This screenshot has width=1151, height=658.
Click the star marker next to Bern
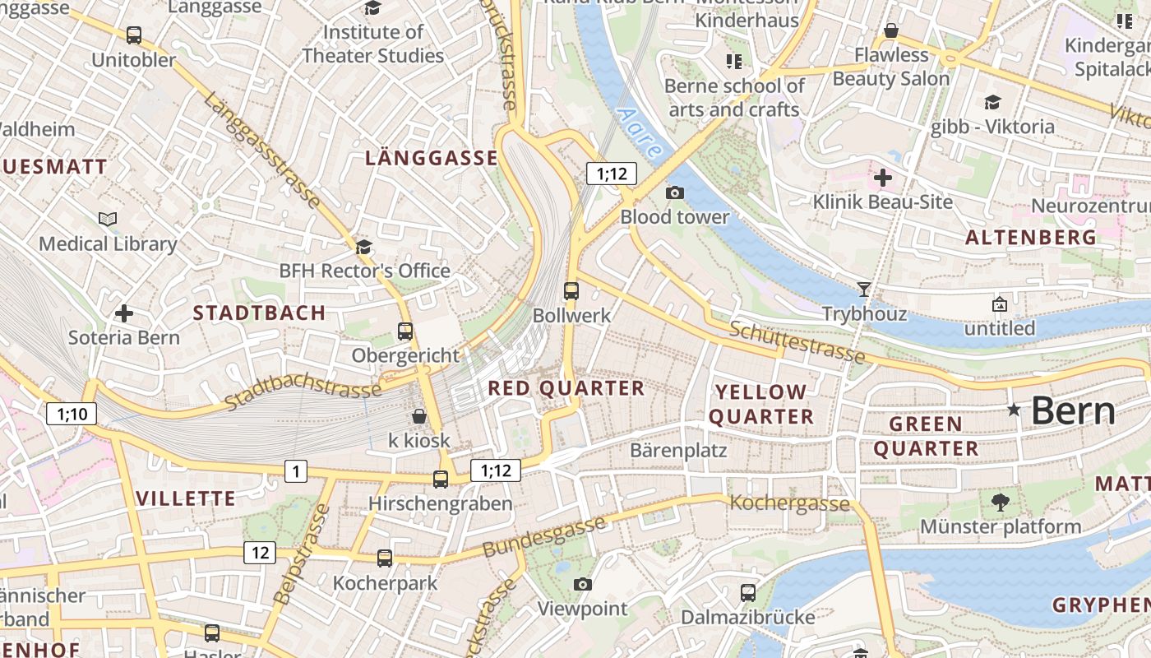[x=1015, y=410]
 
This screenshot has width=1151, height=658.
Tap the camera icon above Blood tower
[x=674, y=192]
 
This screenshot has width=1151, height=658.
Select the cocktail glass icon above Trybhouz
[x=863, y=289]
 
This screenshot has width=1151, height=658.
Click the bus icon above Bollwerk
[x=571, y=290]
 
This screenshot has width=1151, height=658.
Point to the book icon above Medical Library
[x=108, y=219]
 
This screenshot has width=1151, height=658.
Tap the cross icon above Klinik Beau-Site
[x=883, y=177]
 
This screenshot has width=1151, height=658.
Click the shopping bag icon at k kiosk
[x=418, y=415]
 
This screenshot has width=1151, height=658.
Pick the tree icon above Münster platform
[x=1000, y=502]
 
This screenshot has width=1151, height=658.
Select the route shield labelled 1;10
[x=72, y=414]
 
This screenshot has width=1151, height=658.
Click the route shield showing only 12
[x=260, y=553]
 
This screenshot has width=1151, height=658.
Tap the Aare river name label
[x=639, y=133]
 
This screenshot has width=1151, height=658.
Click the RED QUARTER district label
[x=566, y=388]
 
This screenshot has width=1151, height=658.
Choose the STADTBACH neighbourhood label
[x=259, y=313]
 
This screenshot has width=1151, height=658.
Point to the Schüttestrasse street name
[x=797, y=342]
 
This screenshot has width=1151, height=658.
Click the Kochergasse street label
[x=789, y=503]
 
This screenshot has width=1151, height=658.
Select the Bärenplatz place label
[x=678, y=450]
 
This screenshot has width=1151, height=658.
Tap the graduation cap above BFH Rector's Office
[x=363, y=247]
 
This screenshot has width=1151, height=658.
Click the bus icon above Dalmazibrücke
[x=747, y=592]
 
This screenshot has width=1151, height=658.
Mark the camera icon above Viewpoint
[x=582, y=584]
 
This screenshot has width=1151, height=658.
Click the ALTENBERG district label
[x=1030, y=238]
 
